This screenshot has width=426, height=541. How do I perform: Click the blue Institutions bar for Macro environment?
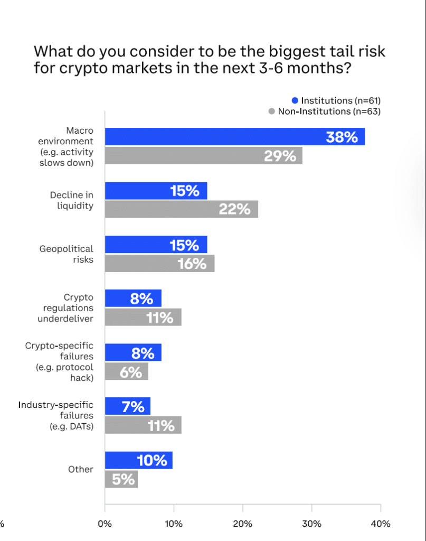[x=234, y=137]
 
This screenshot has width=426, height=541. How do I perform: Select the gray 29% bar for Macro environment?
[x=203, y=156]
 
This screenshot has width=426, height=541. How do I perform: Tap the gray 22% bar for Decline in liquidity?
[x=181, y=209]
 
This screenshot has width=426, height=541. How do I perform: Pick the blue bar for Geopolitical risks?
[x=156, y=245]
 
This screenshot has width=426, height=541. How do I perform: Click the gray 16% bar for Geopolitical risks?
[x=159, y=263]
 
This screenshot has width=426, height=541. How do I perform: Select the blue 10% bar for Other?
[x=138, y=460]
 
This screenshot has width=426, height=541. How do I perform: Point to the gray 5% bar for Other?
[x=121, y=479]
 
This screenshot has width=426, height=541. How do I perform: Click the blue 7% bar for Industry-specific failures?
[x=127, y=406]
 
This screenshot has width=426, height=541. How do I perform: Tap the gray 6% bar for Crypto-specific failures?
[x=126, y=371]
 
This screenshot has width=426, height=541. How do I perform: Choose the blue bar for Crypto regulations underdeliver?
[x=133, y=299]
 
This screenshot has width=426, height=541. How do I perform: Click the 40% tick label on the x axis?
[x=381, y=524]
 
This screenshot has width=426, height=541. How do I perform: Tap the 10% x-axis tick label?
[x=174, y=524]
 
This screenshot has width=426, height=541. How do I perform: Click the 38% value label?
[x=342, y=137]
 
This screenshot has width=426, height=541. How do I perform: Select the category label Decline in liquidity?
[x=71, y=200]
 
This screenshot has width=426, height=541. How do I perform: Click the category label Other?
[x=80, y=469]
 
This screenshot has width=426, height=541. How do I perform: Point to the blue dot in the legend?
[x=295, y=100]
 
